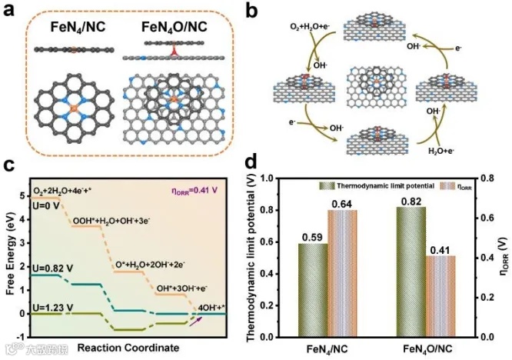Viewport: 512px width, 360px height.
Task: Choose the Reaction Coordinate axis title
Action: pos(128,347)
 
